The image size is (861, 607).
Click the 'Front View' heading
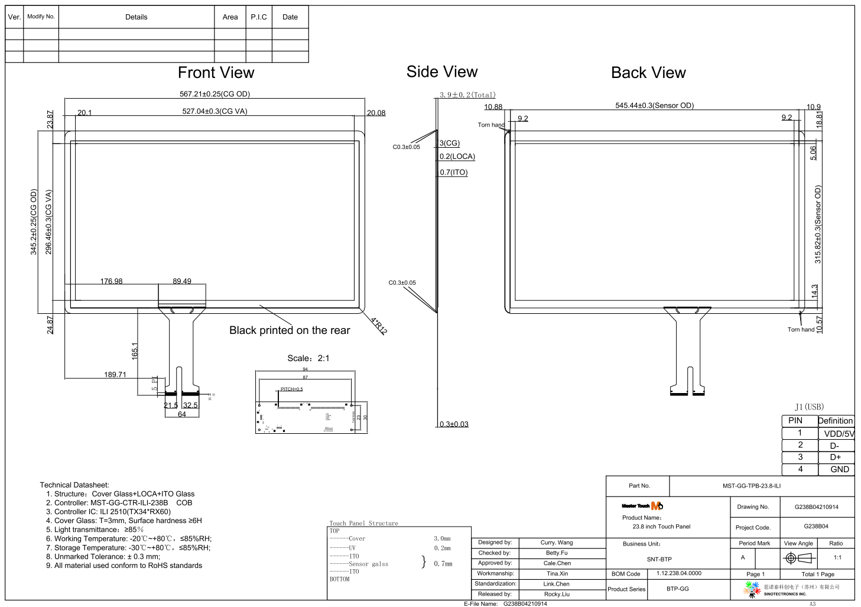[216, 73]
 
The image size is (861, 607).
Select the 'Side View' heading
[441, 72]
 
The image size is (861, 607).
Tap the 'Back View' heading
[648, 73]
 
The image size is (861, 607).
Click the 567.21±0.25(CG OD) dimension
[215, 94]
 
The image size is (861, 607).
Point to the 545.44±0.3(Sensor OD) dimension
[654, 106]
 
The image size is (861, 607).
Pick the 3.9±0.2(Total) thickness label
[467, 95]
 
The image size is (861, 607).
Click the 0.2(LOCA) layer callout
[457, 157]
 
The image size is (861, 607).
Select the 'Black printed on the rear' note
[290, 330]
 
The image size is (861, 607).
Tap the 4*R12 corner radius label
[379, 326]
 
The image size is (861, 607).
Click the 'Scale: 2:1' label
[308, 358]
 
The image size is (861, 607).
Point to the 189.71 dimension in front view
[115, 375]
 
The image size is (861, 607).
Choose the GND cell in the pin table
[839, 469]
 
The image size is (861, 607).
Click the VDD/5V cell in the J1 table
[839, 434]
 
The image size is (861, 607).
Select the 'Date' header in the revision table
[290, 17]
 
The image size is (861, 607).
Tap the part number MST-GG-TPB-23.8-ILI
[751, 486]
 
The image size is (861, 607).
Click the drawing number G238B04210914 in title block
[816, 507]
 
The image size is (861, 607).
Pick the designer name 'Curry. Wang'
[556, 543]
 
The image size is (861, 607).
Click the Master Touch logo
[642, 506]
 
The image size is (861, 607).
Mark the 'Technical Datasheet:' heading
[74, 485]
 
